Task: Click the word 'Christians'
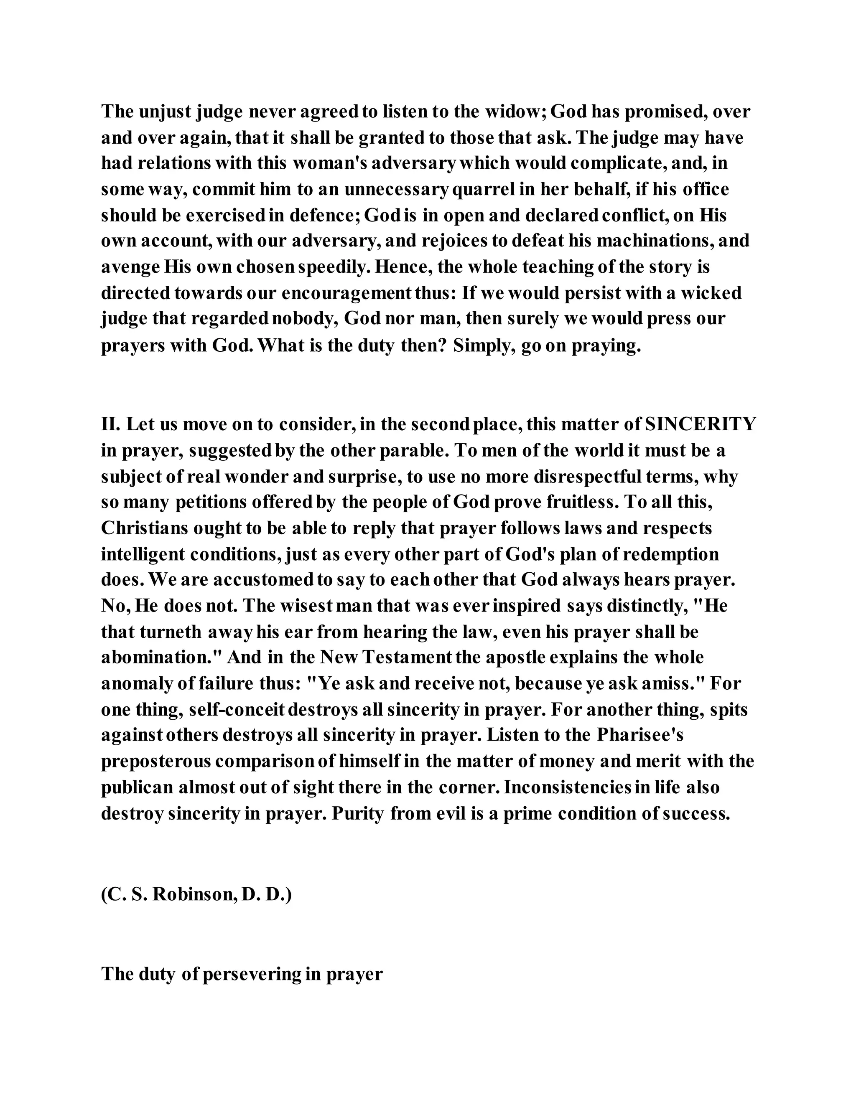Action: [x=143, y=528]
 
